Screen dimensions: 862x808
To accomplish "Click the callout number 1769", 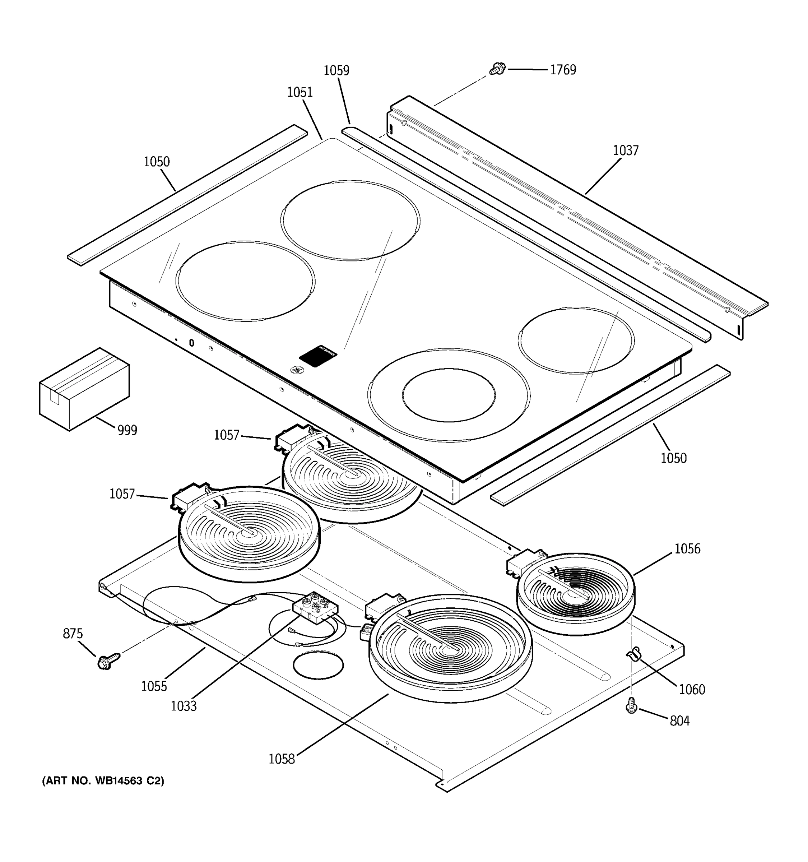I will (563, 70).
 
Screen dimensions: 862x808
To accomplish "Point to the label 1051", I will (299, 92).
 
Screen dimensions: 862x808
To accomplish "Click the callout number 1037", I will (625, 150).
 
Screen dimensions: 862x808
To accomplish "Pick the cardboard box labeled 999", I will (84, 389).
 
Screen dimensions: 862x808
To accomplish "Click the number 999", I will (127, 430).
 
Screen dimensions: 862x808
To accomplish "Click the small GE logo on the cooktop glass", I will (297, 370).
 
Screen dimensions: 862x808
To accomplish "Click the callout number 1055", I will (154, 686).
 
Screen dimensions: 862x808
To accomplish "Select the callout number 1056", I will (687, 549).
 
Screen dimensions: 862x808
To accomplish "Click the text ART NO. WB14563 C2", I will (103, 781).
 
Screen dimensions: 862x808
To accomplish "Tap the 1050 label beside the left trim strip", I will (157, 162).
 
